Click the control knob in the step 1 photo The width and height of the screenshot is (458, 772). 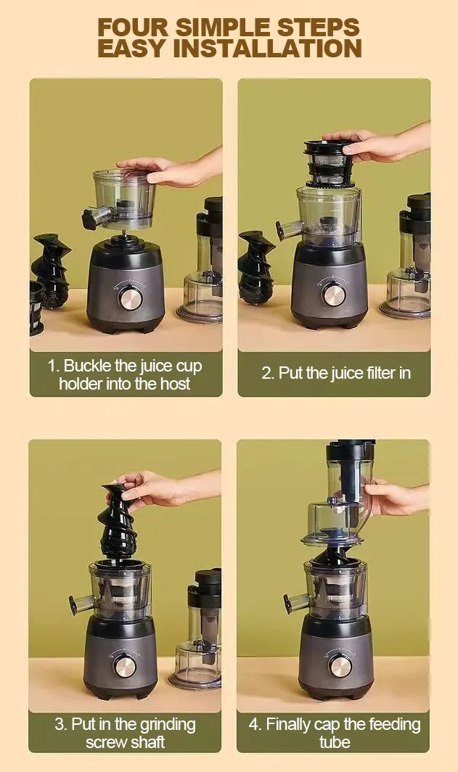(131, 298)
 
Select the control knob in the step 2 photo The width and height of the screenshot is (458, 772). (334, 294)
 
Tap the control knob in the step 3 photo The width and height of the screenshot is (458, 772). (126, 665)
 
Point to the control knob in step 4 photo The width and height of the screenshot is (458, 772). (340, 665)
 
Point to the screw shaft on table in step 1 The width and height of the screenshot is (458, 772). (51, 268)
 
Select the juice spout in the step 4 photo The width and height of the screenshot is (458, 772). (293, 601)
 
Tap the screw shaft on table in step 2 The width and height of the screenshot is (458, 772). (257, 266)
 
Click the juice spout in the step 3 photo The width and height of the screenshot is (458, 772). (78, 602)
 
